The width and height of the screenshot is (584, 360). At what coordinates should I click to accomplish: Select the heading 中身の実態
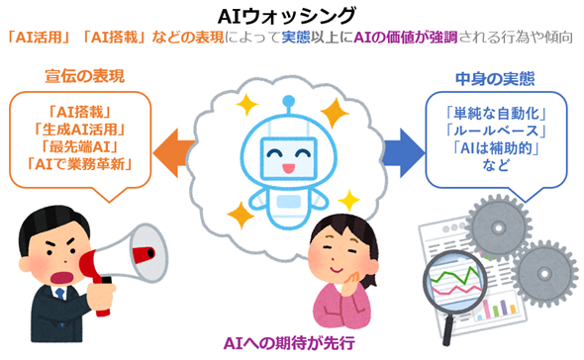point(495,75)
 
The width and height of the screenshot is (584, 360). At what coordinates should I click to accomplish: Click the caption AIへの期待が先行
point(289,344)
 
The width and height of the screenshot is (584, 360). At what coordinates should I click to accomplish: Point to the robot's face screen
point(289,153)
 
